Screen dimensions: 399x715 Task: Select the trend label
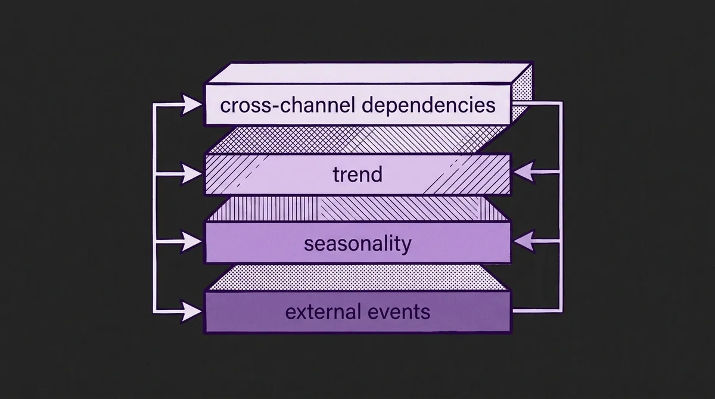tap(358, 175)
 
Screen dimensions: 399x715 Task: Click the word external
tap(324, 311)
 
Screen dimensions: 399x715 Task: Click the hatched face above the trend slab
tap(357, 141)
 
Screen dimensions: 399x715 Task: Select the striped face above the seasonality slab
tap(357, 209)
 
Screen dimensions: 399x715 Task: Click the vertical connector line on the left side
tap(155, 208)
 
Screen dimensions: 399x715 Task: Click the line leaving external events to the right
tap(536, 311)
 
